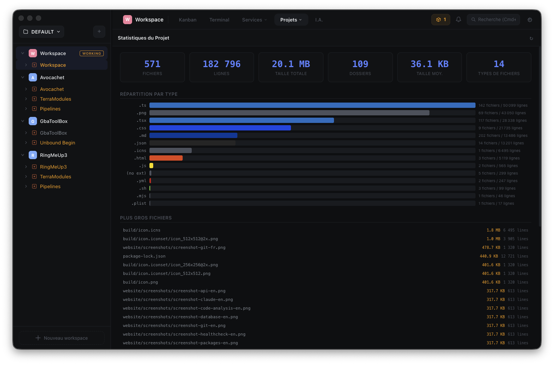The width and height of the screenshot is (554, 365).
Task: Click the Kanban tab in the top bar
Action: [188, 20]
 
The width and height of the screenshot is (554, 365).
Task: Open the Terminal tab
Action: [219, 20]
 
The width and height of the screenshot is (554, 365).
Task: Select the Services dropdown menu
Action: [254, 20]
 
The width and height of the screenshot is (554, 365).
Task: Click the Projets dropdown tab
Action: [291, 20]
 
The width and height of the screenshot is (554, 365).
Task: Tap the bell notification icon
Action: [459, 20]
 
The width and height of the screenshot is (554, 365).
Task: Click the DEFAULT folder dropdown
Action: [42, 32]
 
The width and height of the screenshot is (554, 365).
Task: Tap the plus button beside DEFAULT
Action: [99, 32]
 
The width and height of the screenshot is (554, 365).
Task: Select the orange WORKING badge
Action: [92, 54]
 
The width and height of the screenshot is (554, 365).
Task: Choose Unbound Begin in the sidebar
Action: [57, 143]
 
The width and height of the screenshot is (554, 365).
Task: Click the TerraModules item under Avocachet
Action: [55, 99]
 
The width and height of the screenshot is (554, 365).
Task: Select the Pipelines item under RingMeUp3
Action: [50, 186]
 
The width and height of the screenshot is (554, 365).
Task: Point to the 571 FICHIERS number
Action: [152, 64]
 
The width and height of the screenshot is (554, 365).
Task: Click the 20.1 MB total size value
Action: [291, 64]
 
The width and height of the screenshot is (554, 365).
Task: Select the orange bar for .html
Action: [166, 158]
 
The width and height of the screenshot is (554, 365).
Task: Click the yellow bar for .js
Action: [151, 166]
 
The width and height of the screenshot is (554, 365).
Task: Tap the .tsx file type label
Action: [142, 120]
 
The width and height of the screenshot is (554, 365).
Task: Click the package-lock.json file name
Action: [144, 256]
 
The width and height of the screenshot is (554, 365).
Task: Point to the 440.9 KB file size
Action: [489, 256]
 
